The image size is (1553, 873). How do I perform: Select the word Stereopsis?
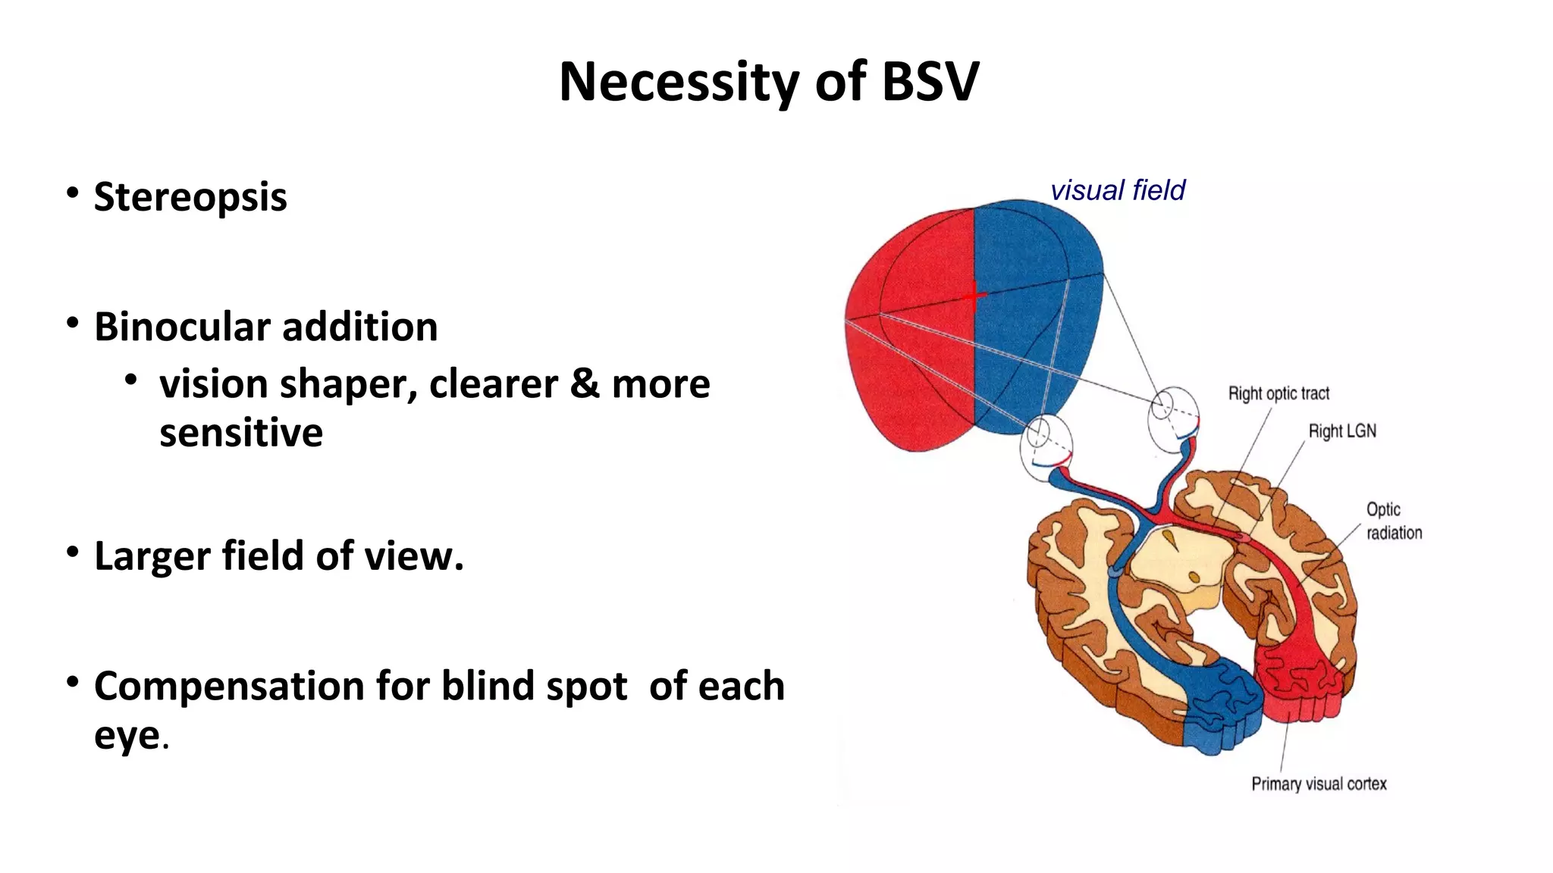[x=190, y=197]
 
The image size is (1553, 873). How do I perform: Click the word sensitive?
[x=241, y=433]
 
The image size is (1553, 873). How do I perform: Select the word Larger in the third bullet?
[x=151, y=555]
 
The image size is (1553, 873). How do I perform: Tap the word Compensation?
[x=229, y=686]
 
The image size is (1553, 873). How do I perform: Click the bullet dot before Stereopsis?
[x=72, y=193]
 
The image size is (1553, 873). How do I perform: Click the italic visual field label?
[x=1117, y=190]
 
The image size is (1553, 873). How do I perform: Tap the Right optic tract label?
[x=1278, y=393]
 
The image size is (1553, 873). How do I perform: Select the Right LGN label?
[x=1341, y=431]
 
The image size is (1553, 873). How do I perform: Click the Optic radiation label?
[x=1394, y=521]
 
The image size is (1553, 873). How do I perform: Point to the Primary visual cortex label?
[x=1319, y=784]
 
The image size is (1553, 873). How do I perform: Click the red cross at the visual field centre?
[x=974, y=296]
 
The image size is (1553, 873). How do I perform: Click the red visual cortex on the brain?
[x=1297, y=682]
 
